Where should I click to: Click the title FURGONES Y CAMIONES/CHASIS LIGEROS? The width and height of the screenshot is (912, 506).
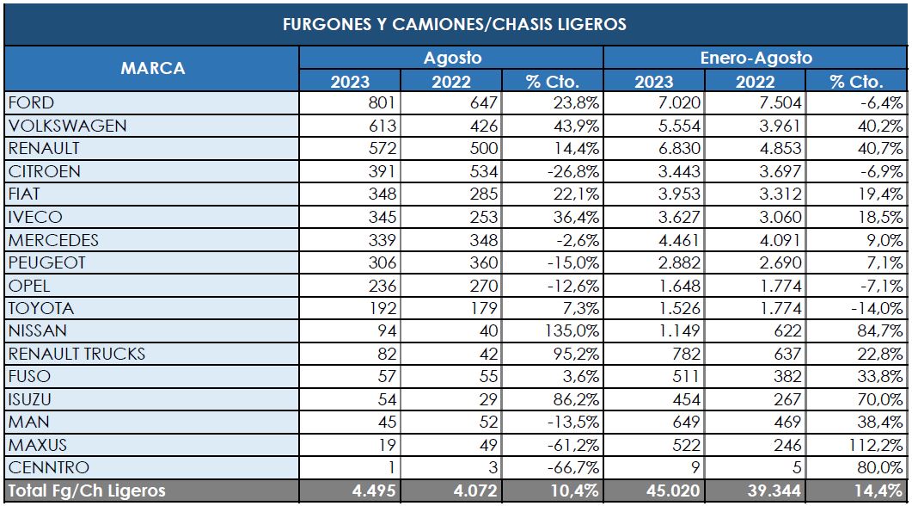(x=455, y=24)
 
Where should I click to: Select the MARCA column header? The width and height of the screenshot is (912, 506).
(x=152, y=69)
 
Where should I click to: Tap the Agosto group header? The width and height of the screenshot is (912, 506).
(x=452, y=59)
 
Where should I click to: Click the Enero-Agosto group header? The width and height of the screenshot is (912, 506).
(x=756, y=59)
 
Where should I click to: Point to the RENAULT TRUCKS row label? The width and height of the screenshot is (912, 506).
(x=77, y=354)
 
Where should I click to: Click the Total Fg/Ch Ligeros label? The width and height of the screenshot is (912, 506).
(x=86, y=491)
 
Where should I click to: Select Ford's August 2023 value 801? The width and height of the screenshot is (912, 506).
(x=378, y=103)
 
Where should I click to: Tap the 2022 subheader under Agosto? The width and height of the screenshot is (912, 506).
(x=452, y=82)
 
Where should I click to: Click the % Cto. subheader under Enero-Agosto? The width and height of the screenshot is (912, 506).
(x=856, y=82)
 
